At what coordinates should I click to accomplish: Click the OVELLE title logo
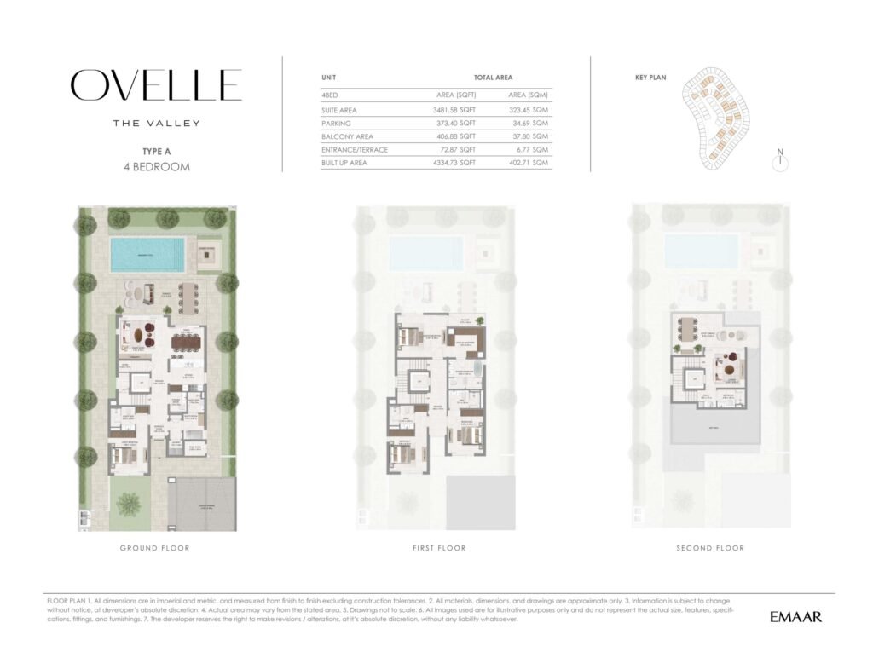[156, 85]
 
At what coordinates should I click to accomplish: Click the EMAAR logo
[795, 616]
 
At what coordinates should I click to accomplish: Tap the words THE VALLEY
[157, 123]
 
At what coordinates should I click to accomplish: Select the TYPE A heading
[157, 151]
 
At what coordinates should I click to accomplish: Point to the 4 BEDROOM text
[157, 166]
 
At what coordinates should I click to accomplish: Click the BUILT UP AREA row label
[344, 163]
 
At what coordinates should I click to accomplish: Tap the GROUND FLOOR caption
[155, 548]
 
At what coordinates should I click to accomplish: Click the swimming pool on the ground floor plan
[147, 253]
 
